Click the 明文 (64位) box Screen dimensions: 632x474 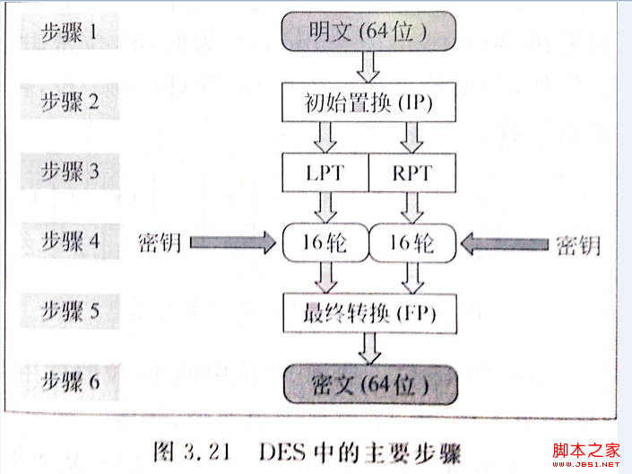[368, 31]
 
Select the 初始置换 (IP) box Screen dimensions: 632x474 [368, 102]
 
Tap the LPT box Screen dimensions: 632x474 [325, 172]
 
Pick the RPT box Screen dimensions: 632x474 [412, 172]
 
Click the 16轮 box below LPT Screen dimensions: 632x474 [325, 242]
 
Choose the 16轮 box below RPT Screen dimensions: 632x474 [412, 242]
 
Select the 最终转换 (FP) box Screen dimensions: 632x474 [370, 313]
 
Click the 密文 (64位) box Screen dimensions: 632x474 [371, 384]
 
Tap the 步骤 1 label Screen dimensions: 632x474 [69, 31]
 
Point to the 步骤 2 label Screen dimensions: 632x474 [70, 101]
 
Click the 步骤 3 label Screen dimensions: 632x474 [70, 171]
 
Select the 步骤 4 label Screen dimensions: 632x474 [71, 241]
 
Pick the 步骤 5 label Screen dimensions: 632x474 [71, 312]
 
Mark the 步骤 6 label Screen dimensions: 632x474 [71, 382]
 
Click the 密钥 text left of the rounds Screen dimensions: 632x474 [159, 242]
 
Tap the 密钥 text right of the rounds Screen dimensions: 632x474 [578, 245]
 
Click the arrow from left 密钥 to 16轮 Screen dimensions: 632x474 [233, 242]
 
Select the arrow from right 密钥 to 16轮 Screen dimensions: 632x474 [504, 244]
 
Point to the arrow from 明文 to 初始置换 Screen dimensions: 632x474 [368, 67]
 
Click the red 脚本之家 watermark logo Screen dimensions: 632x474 [586, 455]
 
